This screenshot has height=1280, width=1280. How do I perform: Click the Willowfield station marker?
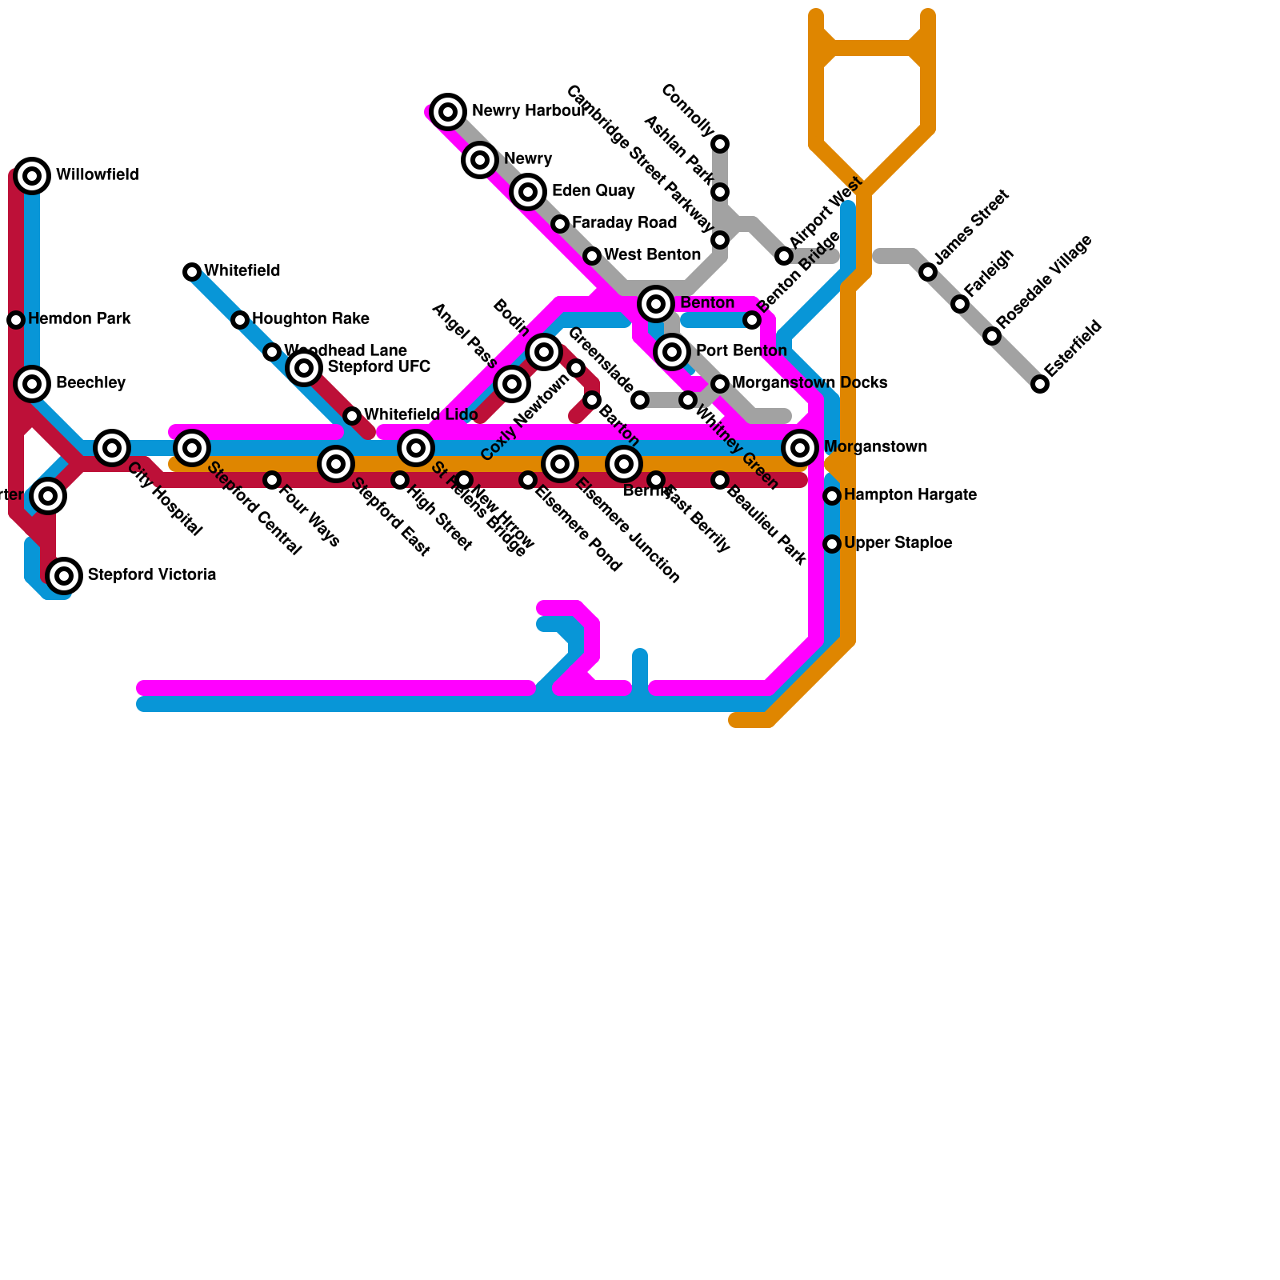32,176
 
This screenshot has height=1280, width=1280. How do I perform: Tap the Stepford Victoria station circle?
64,575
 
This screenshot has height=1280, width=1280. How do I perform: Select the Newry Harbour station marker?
448,111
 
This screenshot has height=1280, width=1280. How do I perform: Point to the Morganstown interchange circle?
800,448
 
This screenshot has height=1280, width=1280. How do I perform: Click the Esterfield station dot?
1039,384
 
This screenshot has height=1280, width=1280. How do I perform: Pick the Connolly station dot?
720,144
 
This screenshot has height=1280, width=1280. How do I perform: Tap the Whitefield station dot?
192,272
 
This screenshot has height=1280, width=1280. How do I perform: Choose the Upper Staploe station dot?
832,544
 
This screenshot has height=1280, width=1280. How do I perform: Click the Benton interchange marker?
656,303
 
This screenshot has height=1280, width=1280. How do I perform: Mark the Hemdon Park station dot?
16,320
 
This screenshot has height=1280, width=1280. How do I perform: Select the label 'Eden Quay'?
593,191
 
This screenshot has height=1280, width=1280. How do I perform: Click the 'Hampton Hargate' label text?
910,495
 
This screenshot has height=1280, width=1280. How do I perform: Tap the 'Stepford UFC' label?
378,367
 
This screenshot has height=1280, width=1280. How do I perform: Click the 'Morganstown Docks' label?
809,383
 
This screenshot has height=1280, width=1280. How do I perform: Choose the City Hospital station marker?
112,448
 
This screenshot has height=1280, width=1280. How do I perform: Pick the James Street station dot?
928,272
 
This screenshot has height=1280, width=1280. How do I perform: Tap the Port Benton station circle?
672,351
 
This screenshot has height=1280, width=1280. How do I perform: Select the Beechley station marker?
32,384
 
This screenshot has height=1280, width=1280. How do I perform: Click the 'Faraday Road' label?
624,223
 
